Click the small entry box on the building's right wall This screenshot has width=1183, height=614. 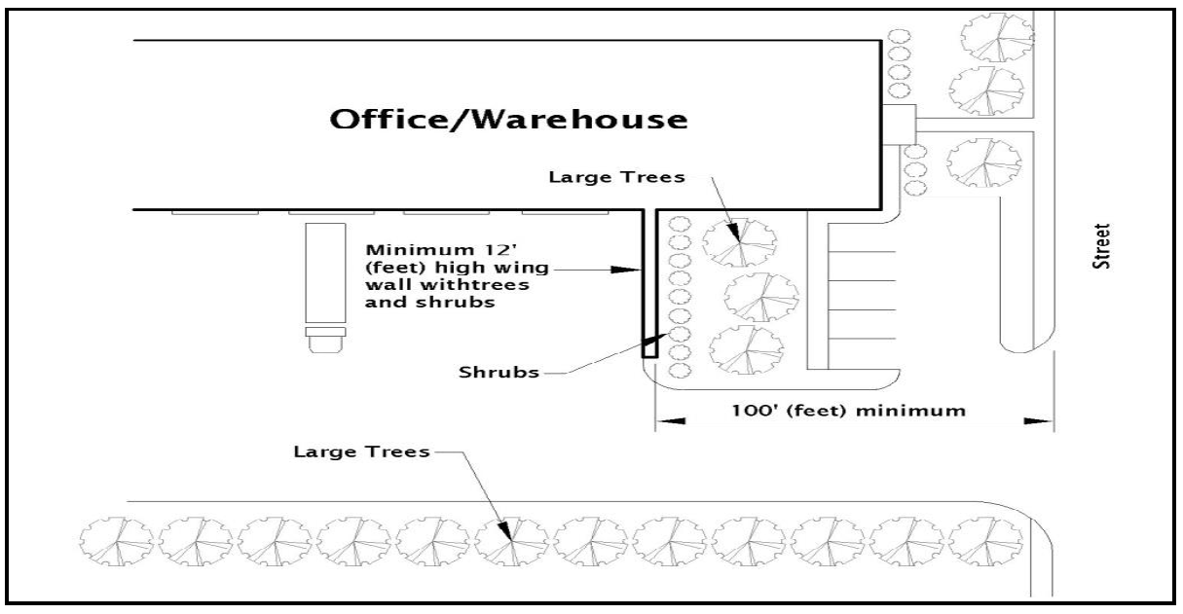pos(899,123)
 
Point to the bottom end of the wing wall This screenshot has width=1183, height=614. pos(649,352)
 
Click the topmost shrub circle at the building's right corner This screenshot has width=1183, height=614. pos(901,36)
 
